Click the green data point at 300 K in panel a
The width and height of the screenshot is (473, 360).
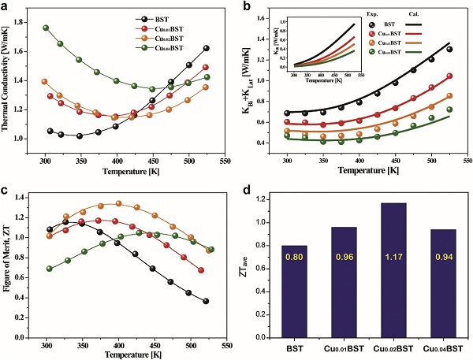click(46, 28)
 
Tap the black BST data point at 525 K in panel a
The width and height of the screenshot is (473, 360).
click(207, 49)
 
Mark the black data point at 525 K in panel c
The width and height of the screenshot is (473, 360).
click(207, 301)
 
